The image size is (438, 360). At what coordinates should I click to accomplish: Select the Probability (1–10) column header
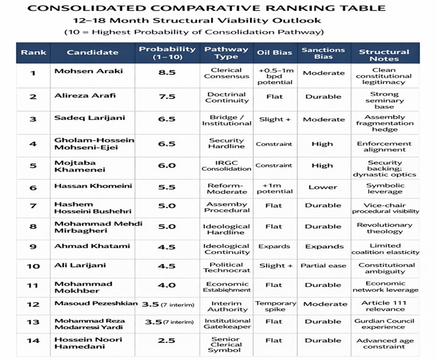click(166, 52)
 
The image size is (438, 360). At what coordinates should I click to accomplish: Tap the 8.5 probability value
click(166, 73)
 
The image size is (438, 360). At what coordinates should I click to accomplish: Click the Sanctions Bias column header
click(323, 52)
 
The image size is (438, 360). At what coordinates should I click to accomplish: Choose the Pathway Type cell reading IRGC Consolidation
click(226, 165)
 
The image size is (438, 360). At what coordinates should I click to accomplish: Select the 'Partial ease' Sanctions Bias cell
click(323, 266)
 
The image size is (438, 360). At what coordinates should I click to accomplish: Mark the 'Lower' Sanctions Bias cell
click(323, 188)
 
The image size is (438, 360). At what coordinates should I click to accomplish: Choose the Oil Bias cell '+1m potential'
click(275, 188)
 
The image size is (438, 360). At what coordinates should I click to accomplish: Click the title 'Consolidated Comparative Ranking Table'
click(207, 8)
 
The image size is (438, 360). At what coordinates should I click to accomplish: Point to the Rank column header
click(33, 52)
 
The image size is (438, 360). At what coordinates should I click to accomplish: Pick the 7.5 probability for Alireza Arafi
click(166, 97)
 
